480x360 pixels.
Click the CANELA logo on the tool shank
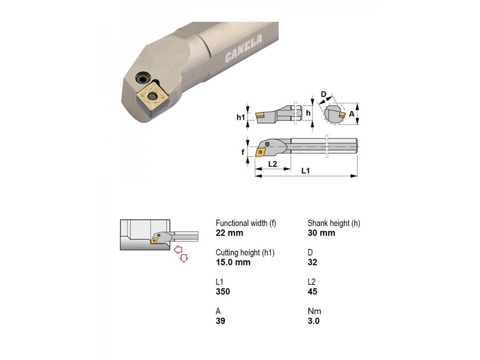pyautogui.click(x=243, y=48)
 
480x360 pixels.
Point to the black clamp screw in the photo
pyautogui.click(x=143, y=79)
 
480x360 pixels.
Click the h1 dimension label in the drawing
pyautogui.click(x=241, y=117)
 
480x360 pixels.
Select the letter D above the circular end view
pyautogui.click(x=323, y=94)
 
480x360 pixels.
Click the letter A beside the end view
pyautogui.click(x=351, y=114)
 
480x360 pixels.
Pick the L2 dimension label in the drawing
pyautogui.click(x=272, y=164)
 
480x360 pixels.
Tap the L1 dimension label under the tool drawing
pyautogui.click(x=305, y=171)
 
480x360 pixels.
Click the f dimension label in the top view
pyautogui.click(x=243, y=152)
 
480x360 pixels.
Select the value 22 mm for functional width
pyautogui.click(x=229, y=233)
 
